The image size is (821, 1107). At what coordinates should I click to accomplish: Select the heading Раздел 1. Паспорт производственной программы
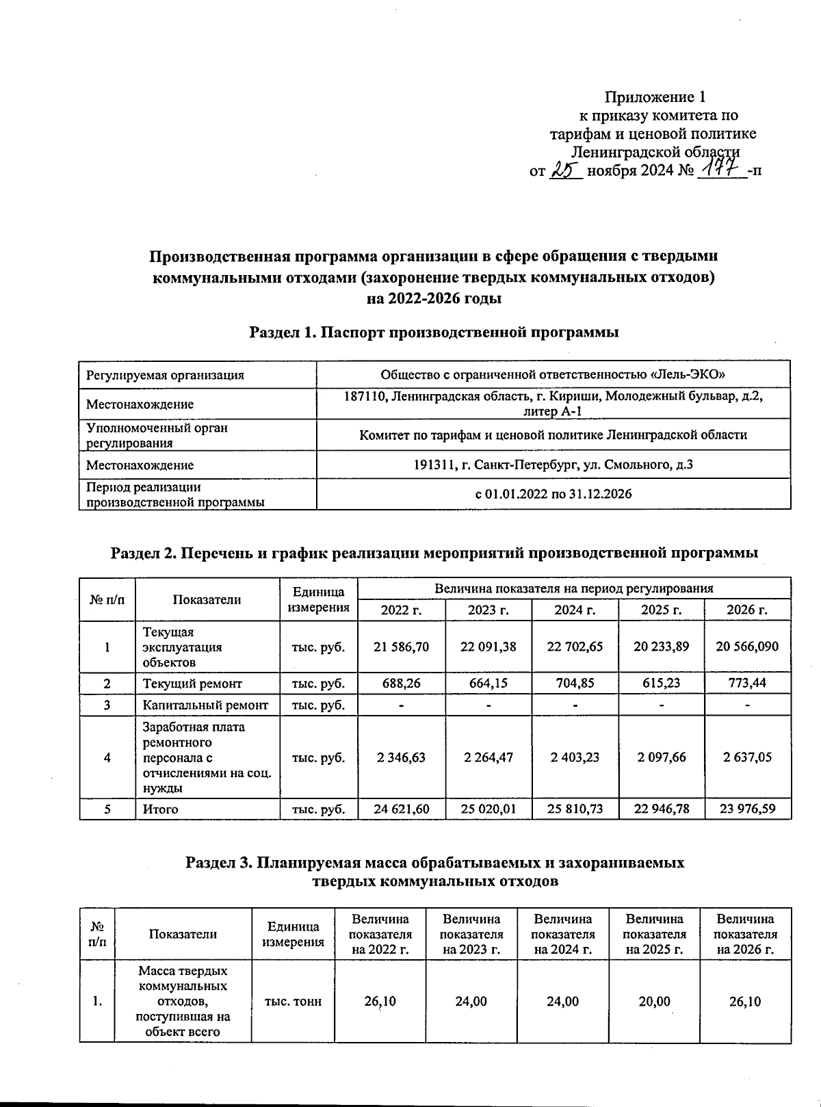point(434,333)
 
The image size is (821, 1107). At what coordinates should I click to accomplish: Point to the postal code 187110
point(364,397)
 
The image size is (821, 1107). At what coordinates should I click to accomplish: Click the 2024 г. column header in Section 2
point(575,610)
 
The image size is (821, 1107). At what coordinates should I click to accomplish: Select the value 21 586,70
point(402,647)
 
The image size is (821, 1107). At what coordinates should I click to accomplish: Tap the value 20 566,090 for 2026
point(747,647)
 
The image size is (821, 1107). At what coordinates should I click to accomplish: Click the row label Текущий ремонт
point(192,683)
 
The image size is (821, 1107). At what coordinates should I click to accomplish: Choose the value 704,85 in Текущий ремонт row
point(575,683)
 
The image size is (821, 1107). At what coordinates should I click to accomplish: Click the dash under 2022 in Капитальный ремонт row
point(402,705)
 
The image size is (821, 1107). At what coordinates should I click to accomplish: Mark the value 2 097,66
point(661,757)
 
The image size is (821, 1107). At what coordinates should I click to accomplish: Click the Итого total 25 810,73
point(575,809)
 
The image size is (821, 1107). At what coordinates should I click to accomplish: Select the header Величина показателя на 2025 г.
point(654,934)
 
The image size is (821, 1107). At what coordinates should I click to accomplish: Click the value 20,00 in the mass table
point(654,1002)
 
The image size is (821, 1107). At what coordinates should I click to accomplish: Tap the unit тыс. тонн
point(293,1002)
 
